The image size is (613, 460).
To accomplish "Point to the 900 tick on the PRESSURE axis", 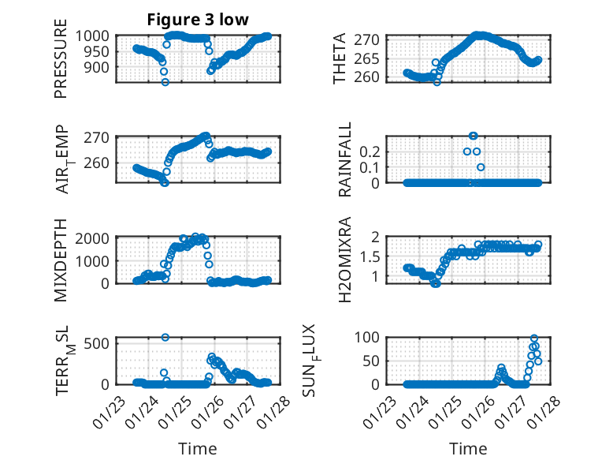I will (102, 67).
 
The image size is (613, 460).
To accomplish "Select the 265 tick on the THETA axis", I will (372, 58).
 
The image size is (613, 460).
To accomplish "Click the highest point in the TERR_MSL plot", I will (165, 337).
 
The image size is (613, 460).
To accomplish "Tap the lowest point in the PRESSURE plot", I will (165, 81).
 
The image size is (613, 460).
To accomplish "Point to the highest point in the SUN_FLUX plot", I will (534, 338).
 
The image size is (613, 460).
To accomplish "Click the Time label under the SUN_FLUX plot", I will (468, 448).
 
